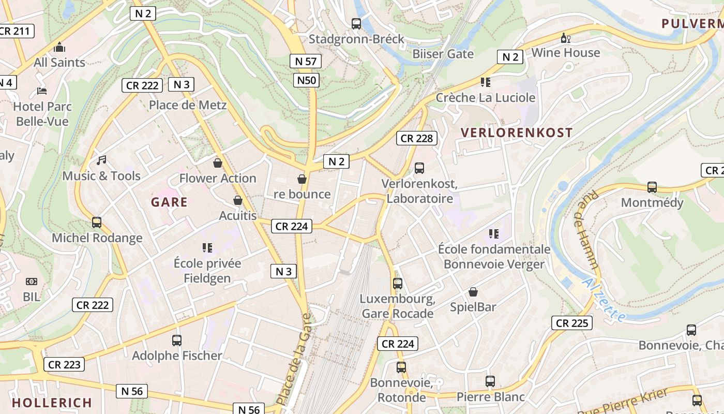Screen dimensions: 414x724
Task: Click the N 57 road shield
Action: click(x=305, y=61)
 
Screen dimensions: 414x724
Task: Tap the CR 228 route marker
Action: click(x=417, y=138)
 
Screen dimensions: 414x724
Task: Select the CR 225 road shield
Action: click(x=571, y=323)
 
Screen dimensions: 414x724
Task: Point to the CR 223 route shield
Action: click(x=64, y=364)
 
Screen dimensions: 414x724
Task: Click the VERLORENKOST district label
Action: click(x=517, y=132)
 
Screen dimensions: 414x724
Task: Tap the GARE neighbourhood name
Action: click(x=169, y=202)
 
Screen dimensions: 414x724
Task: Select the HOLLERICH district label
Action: click(x=52, y=402)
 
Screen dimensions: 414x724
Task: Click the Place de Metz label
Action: click(x=188, y=105)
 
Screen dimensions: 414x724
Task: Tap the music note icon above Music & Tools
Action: click(x=101, y=160)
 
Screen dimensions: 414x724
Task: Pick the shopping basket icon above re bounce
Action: click(x=302, y=179)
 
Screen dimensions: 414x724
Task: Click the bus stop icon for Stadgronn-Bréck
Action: click(x=356, y=23)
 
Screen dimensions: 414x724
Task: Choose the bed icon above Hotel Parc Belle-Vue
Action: click(x=42, y=91)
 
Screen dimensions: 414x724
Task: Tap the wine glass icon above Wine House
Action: click(x=565, y=38)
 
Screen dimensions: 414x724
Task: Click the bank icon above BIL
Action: click(x=32, y=282)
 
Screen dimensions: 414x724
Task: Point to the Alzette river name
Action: click(x=604, y=299)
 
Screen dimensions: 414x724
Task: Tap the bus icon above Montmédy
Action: click(x=652, y=187)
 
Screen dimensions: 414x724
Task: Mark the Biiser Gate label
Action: click(x=443, y=54)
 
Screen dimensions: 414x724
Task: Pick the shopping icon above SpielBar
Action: click(x=473, y=292)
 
